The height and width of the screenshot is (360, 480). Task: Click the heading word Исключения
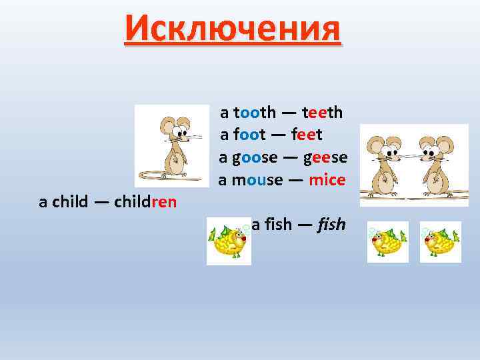[232, 29]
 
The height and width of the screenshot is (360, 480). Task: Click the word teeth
[322, 112]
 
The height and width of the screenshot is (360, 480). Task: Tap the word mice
[327, 181]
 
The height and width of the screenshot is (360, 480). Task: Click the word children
[145, 202]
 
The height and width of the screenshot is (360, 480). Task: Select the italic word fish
[331, 225]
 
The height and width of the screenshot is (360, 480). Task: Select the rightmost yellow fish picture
[441, 241]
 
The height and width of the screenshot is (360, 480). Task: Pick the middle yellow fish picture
[387, 241]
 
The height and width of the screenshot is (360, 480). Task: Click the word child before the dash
[69, 202]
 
